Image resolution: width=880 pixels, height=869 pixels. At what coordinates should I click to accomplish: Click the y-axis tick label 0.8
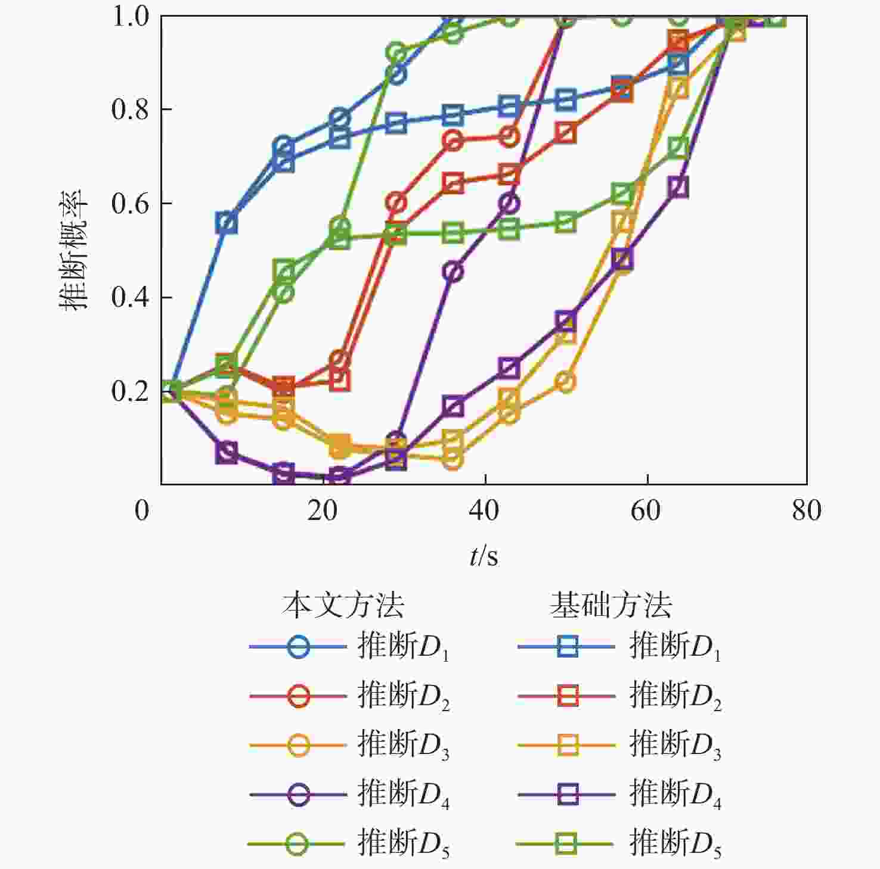(x=129, y=110)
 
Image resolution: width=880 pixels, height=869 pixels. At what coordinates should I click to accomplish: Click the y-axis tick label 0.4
(x=129, y=297)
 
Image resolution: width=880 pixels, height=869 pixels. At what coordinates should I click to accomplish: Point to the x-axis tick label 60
(x=646, y=510)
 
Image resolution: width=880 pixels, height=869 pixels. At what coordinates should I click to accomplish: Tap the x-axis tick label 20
(x=323, y=510)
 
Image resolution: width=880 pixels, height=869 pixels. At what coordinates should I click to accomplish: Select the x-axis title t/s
(x=484, y=556)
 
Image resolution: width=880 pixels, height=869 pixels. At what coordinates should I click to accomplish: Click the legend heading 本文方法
(x=343, y=605)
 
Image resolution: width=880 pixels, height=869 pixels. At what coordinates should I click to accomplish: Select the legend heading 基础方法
(x=611, y=605)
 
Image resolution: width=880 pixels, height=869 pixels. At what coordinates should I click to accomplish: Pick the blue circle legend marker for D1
(x=298, y=647)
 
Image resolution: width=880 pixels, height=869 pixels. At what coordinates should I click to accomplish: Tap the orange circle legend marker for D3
(x=298, y=745)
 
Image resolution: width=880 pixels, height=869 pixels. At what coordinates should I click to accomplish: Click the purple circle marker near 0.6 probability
(x=509, y=204)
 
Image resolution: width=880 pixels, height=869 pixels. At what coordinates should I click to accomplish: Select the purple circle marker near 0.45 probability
(x=453, y=272)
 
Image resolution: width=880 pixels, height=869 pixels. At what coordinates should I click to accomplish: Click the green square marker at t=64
(x=678, y=147)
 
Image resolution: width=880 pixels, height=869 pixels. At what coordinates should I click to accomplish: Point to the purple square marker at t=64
(x=678, y=187)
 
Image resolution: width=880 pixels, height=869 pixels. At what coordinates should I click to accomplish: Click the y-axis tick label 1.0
(x=129, y=17)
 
